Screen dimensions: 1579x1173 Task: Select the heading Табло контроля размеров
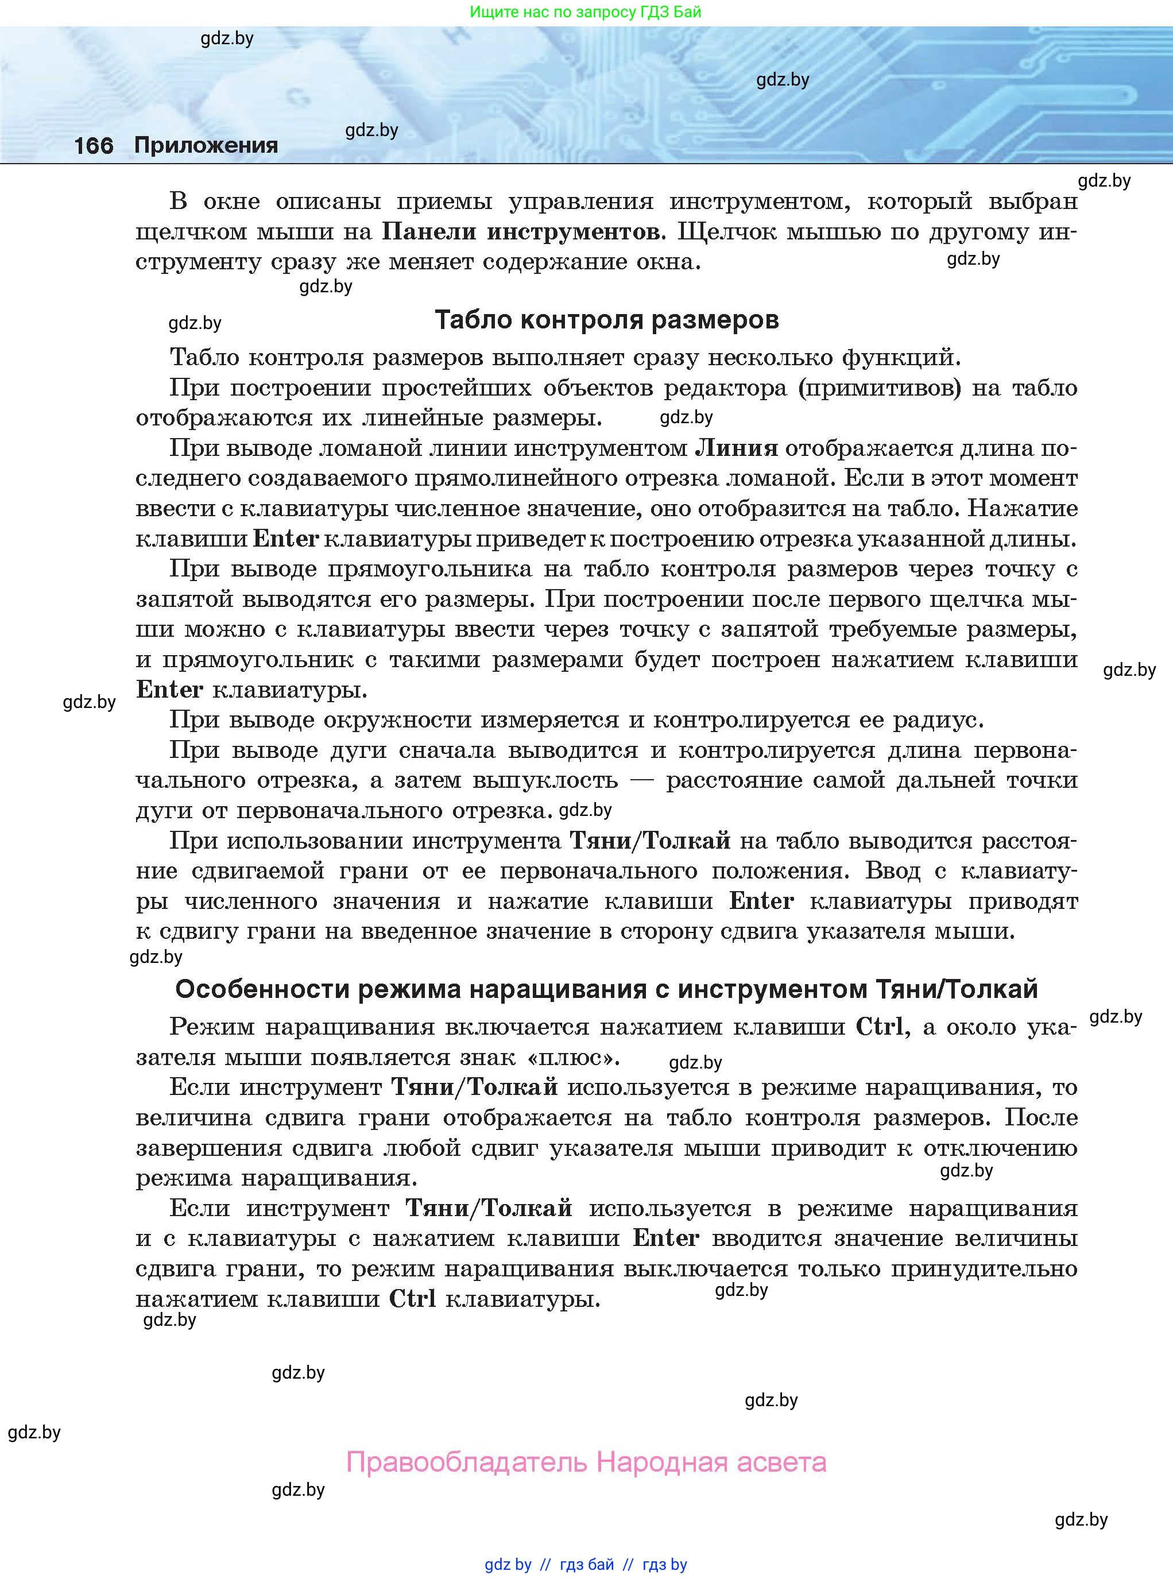606,320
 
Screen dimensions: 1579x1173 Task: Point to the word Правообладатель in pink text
467,1462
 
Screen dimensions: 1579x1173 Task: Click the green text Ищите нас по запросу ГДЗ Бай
586,12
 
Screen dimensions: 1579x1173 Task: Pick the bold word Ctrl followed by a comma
881,1027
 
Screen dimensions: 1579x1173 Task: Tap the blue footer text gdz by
508,1564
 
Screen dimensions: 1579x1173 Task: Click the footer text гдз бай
587,1564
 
